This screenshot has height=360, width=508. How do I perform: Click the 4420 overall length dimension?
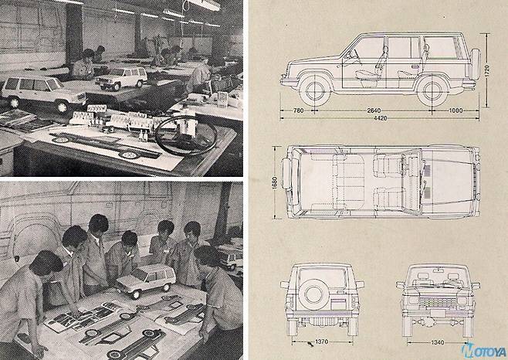point(381,118)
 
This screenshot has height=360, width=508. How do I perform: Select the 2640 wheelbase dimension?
point(374,110)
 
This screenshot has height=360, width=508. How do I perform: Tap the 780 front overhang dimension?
point(298,110)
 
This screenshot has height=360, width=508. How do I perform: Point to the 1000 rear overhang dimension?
point(456,110)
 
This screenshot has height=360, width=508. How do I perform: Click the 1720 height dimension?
point(488,70)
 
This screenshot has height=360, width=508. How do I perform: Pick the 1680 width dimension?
point(275,182)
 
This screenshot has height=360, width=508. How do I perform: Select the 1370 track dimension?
point(321,341)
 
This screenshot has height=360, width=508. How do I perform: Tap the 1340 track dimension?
point(438,342)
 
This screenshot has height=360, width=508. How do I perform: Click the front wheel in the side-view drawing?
point(315,91)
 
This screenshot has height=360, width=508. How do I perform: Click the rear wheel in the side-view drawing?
point(432,91)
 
